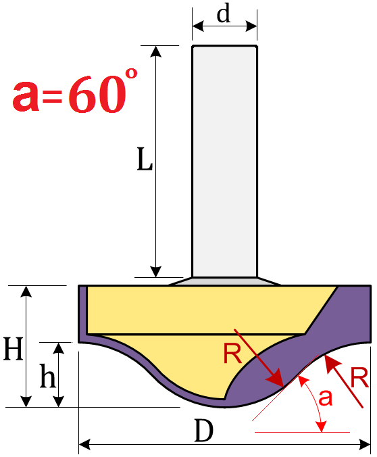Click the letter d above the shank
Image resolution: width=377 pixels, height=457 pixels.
pyautogui.click(x=224, y=14)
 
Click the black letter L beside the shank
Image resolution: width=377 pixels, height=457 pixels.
pyautogui.click(x=145, y=159)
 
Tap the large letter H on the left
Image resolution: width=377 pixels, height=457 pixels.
pyautogui.click(x=13, y=349)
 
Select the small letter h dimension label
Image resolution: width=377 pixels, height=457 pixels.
pyautogui.click(x=47, y=376)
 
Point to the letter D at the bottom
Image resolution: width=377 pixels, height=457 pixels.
pyautogui.click(x=203, y=431)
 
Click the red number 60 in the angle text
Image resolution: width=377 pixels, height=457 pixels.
pyautogui.click(x=97, y=95)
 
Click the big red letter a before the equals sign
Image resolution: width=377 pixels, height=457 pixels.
pyautogui.click(x=26, y=96)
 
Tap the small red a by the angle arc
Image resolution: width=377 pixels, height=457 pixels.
pyautogui.click(x=325, y=398)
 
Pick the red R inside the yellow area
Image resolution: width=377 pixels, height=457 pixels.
pyautogui.click(x=232, y=354)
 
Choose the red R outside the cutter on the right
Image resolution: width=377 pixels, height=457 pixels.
pyautogui.click(x=359, y=378)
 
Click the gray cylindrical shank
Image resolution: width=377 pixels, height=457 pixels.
pyautogui.click(x=224, y=161)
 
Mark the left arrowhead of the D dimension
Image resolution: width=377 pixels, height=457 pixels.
pyautogui.click(x=84, y=445)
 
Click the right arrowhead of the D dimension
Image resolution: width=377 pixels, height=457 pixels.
pyautogui.click(x=365, y=445)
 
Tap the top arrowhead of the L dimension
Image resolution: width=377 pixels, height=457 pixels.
pyautogui.click(x=156, y=51)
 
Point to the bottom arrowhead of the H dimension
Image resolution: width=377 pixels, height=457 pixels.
pyautogui.click(x=26, y=402)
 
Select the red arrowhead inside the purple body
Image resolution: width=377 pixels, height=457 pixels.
pyautogui.click(x=276, y=378)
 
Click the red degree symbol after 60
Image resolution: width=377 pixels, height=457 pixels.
pyautogui.click(x=131, y=73)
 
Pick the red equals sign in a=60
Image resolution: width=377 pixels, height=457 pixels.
pyautogui.click(x=52, y=97)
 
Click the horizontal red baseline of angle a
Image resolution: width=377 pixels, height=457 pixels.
pyautogui.click(x=302, y=432)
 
